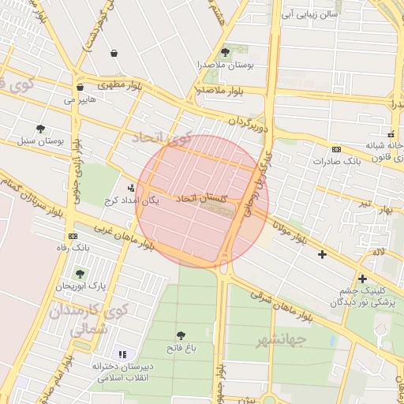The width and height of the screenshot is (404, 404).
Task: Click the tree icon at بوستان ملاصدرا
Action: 226,53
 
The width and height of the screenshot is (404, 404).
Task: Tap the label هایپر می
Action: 80,101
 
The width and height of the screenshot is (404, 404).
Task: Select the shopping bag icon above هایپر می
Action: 80,87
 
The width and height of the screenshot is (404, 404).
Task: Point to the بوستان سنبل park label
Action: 40,141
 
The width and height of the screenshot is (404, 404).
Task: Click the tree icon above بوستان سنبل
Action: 40,129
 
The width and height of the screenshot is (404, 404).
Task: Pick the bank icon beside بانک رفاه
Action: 73,236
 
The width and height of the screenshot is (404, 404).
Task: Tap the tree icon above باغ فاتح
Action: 181,335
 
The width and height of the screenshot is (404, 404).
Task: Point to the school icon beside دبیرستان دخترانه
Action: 122,355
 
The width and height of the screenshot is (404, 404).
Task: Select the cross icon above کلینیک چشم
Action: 362,279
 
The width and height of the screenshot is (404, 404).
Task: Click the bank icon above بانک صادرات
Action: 337,149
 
